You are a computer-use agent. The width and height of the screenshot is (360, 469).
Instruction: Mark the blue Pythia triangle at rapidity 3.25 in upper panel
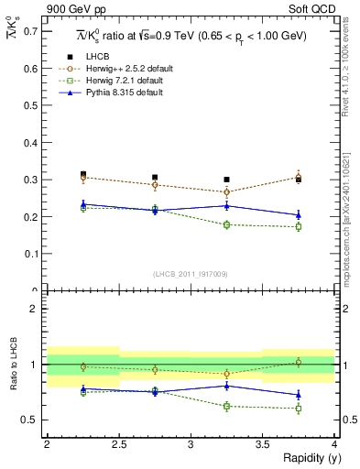[x=227, y=205]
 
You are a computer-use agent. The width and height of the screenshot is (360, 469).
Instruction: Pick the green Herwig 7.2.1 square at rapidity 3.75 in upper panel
[x=299, y=226]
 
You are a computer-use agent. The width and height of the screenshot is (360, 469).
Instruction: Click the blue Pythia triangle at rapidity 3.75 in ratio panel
[x=299, y=395]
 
